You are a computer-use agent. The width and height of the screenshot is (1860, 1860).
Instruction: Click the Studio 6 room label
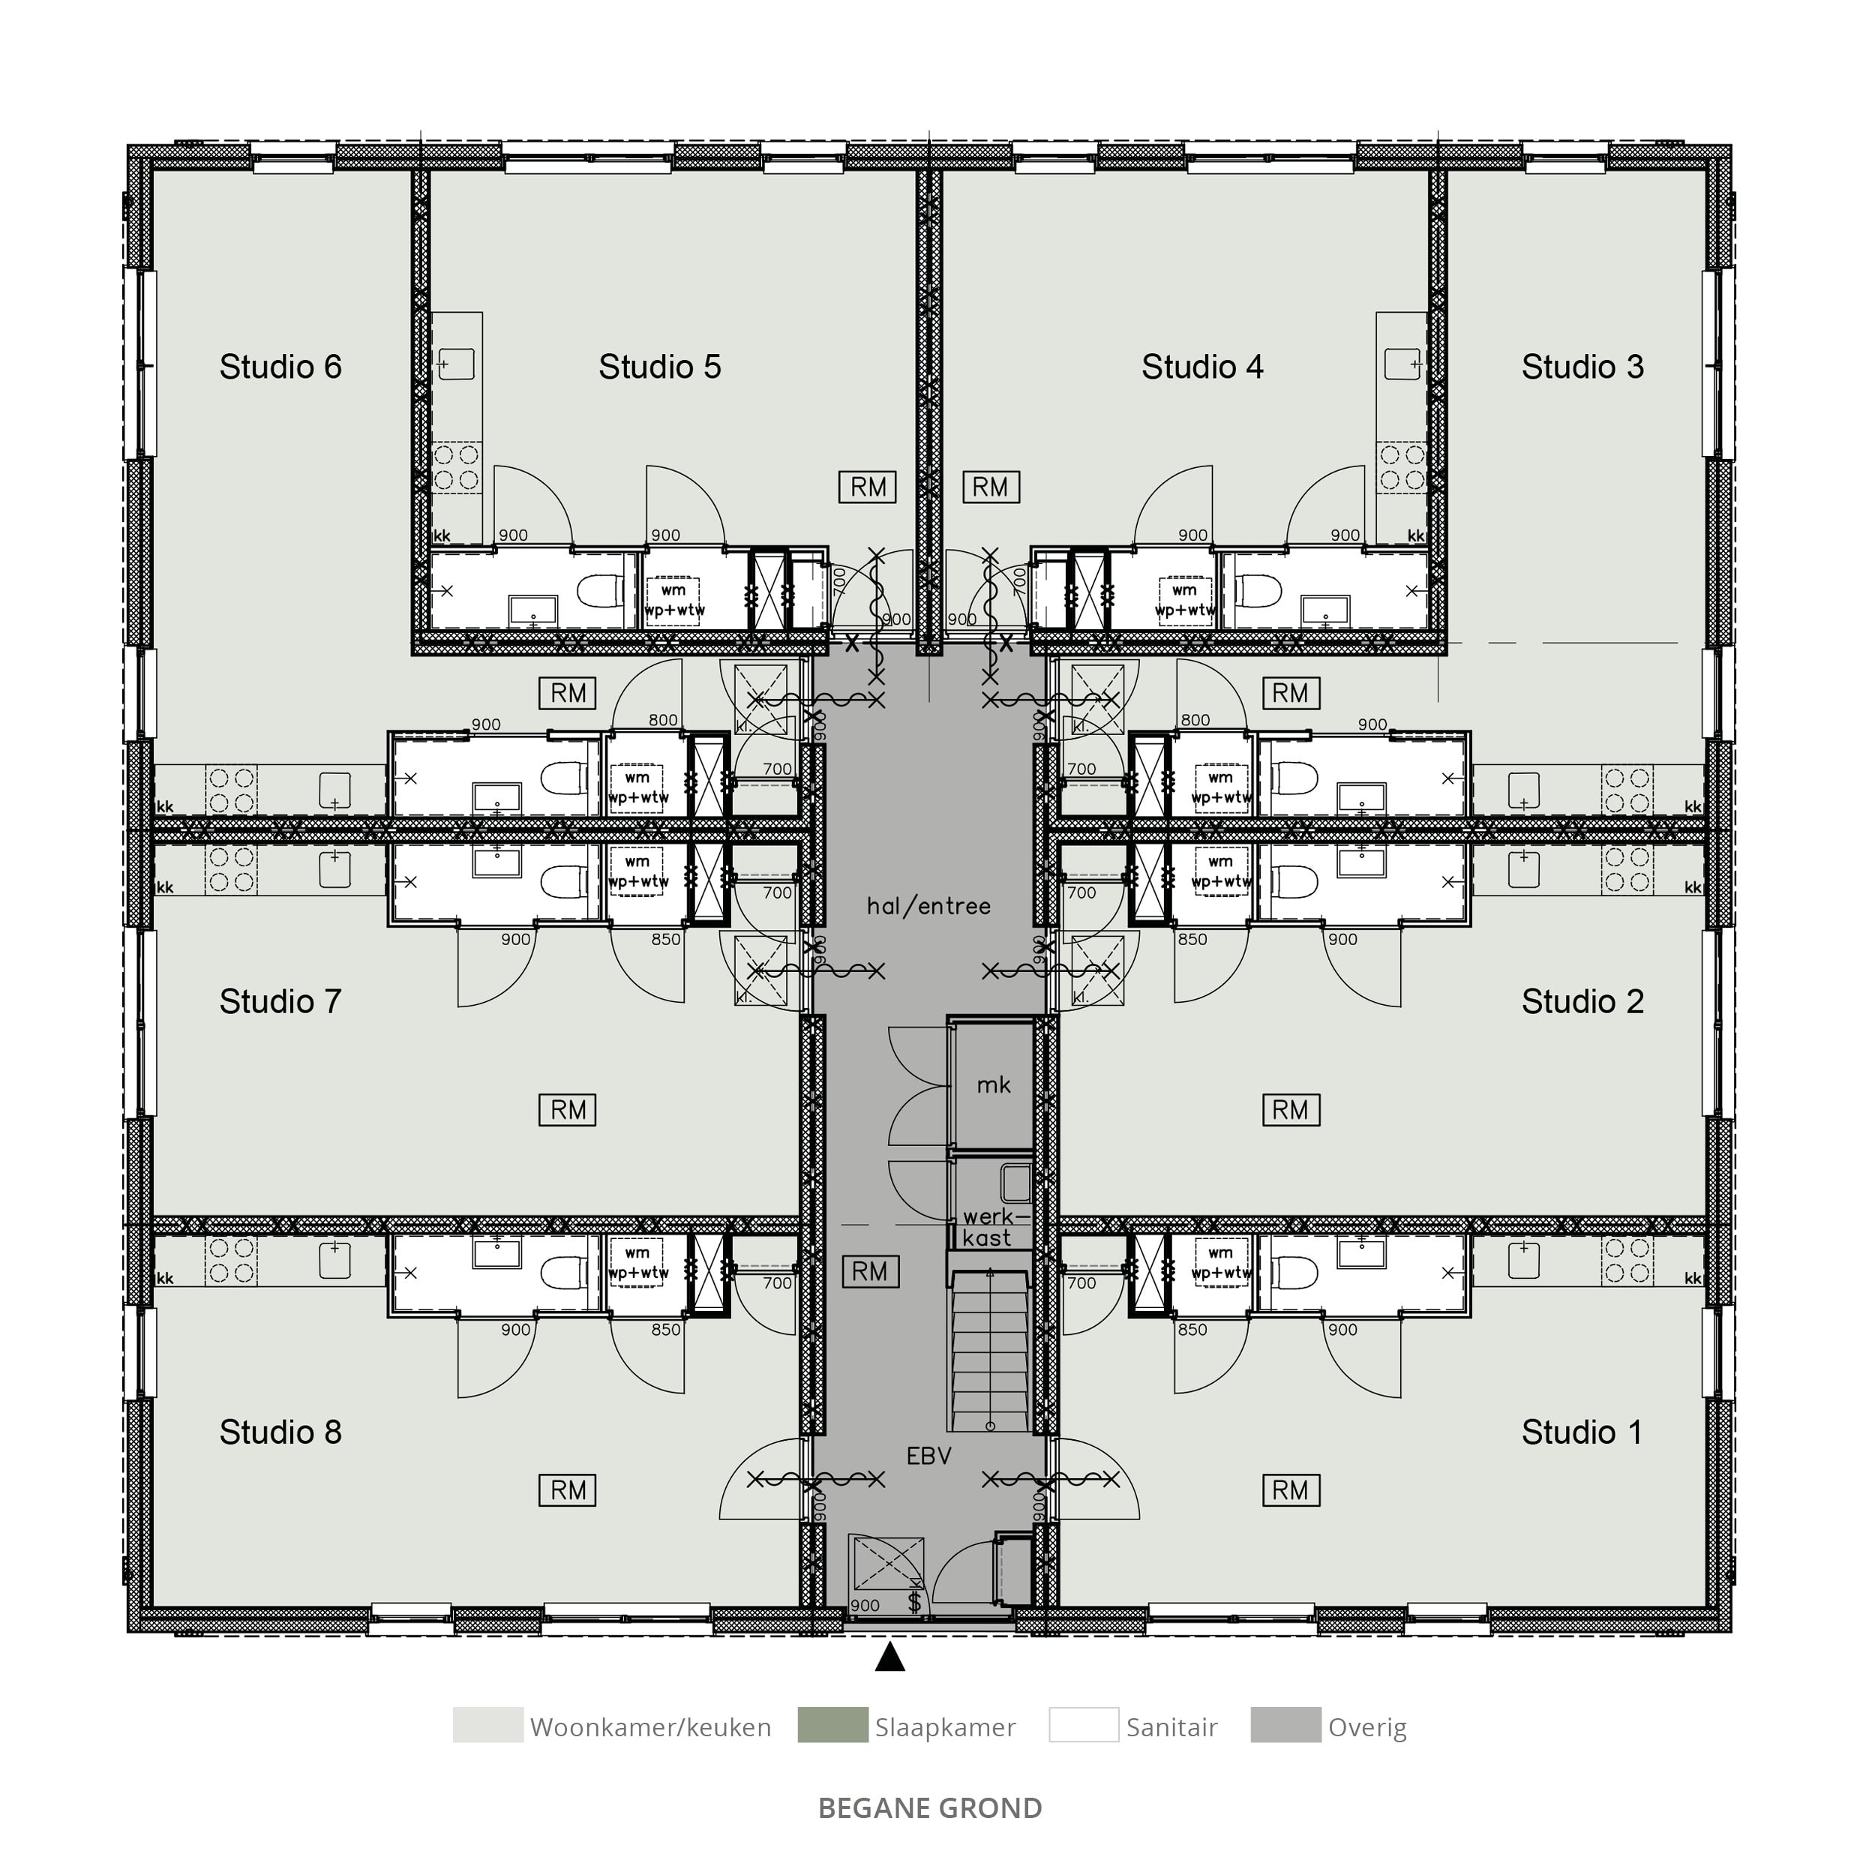click(280, 367)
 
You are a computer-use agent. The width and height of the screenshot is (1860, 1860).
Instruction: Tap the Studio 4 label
click(1202, 367)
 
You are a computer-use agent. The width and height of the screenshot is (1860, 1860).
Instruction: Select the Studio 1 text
click(1582, 1432)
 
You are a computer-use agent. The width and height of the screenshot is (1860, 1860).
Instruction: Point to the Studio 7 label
click(280, 1001)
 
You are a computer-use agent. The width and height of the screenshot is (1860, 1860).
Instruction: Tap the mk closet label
click(994, 1085)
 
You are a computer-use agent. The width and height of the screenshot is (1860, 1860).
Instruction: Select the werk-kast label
click(988, 1228)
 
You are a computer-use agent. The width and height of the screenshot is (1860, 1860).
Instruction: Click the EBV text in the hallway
click(929, 1456)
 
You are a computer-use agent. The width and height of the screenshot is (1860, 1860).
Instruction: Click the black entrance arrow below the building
click(890, 1656)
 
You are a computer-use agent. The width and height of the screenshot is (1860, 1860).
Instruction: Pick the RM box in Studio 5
click(868, 487)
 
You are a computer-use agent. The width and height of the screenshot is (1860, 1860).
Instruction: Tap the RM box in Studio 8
click(568, 1490)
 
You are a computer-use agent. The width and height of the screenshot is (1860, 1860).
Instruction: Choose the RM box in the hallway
click(870, 1272)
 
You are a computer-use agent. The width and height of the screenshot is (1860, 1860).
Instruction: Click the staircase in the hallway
click(991, 1351)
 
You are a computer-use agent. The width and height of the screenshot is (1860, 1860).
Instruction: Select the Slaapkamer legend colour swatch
click(832, 1725)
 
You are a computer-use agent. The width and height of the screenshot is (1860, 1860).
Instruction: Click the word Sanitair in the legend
click(1171, 1727)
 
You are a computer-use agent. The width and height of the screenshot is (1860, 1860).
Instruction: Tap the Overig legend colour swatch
click(1286, 1725)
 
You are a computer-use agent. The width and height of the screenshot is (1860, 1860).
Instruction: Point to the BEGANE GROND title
click(930, 1808)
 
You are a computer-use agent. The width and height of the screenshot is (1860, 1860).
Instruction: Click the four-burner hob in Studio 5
click(456, 467)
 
